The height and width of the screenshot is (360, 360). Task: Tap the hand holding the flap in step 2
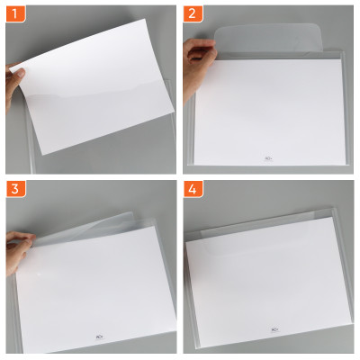click(x=195, y=60)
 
